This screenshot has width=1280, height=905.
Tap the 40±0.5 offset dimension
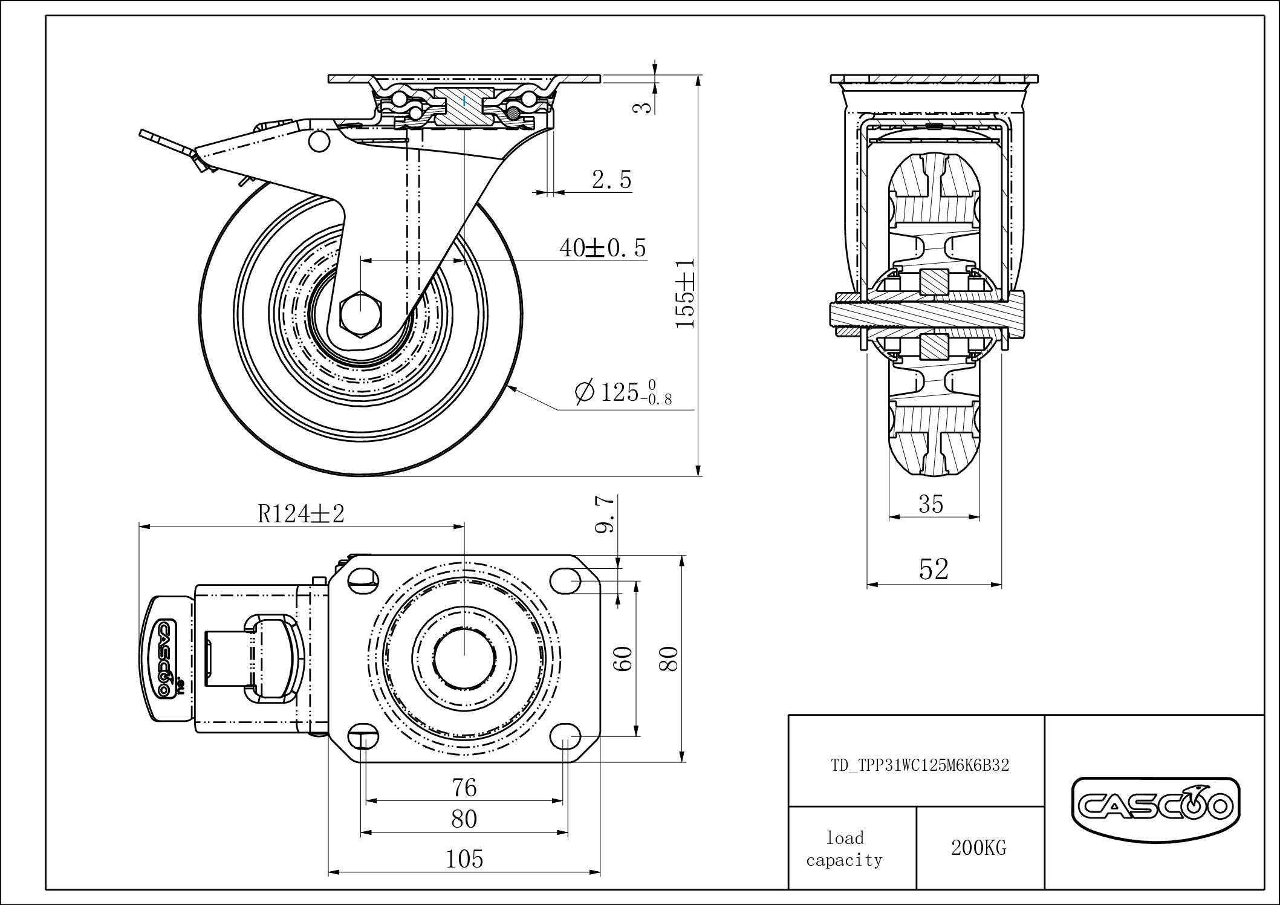(x=602, y=248)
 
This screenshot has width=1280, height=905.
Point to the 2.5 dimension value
(x=611, y=180)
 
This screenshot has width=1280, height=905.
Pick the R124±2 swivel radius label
(x=301, y=514)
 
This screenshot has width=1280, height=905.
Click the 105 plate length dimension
(x=464, y=858)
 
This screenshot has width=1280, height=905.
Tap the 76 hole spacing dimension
(x=464, y=788)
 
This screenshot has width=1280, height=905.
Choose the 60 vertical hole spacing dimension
(x=625, y=658)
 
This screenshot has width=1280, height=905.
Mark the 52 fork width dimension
(x=934, y=569)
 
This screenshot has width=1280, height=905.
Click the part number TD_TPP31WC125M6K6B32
(x=920, y=765)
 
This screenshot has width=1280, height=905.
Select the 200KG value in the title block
(x=978, y=848)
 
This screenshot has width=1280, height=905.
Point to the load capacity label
(x=845, y=849)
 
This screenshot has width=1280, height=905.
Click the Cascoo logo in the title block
(x=1155, y=805)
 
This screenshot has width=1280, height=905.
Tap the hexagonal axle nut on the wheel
(x=360, y=312)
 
